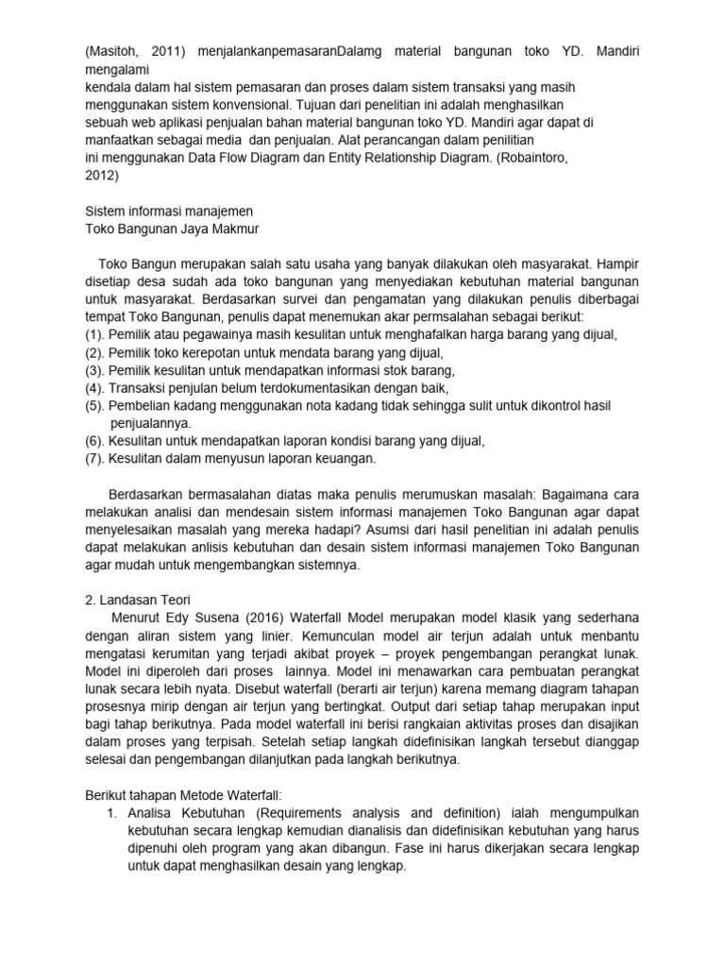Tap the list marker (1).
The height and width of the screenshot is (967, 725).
click(94, 335)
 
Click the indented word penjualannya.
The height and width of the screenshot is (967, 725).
click(151, 424)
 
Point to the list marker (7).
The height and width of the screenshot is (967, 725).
click(94, 459)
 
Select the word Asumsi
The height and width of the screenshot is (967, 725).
click(397, 531)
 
